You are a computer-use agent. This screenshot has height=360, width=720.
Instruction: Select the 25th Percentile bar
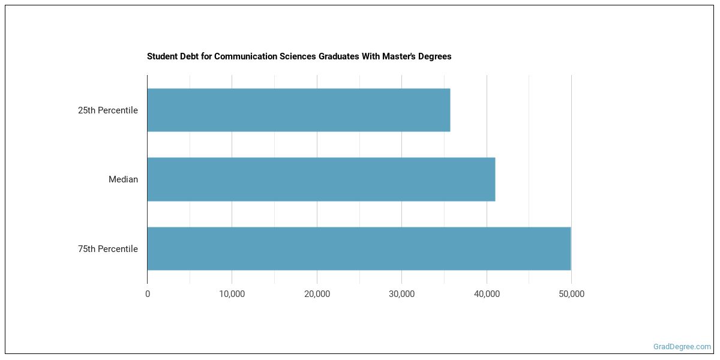[x=298, y=110]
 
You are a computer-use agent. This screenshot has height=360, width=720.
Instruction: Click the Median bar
[x=321, y=179]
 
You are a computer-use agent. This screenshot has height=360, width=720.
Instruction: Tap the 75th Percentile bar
[x=359, y=248]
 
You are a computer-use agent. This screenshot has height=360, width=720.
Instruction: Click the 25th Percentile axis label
[x=107, y=110]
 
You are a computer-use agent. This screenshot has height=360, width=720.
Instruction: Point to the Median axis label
[x=123, y=179]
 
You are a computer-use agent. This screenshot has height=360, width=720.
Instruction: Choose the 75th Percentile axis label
[x=107, y=249]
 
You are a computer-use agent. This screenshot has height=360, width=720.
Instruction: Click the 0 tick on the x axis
[x=148, y=294]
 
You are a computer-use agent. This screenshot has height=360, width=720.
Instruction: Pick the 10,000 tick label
[x=232, y=294]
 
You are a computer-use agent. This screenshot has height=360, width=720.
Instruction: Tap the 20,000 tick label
[x=317, y=294]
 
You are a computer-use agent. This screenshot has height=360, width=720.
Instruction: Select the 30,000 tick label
[x=402, y=294]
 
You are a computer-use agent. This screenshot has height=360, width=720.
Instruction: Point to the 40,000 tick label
[x=487, y=294]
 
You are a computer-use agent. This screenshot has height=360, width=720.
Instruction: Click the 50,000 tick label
[x=571, y=294]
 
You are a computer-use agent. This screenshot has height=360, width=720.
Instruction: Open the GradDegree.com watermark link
[x=682, y=346]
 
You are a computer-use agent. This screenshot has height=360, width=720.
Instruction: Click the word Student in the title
[x=162, y=56]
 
